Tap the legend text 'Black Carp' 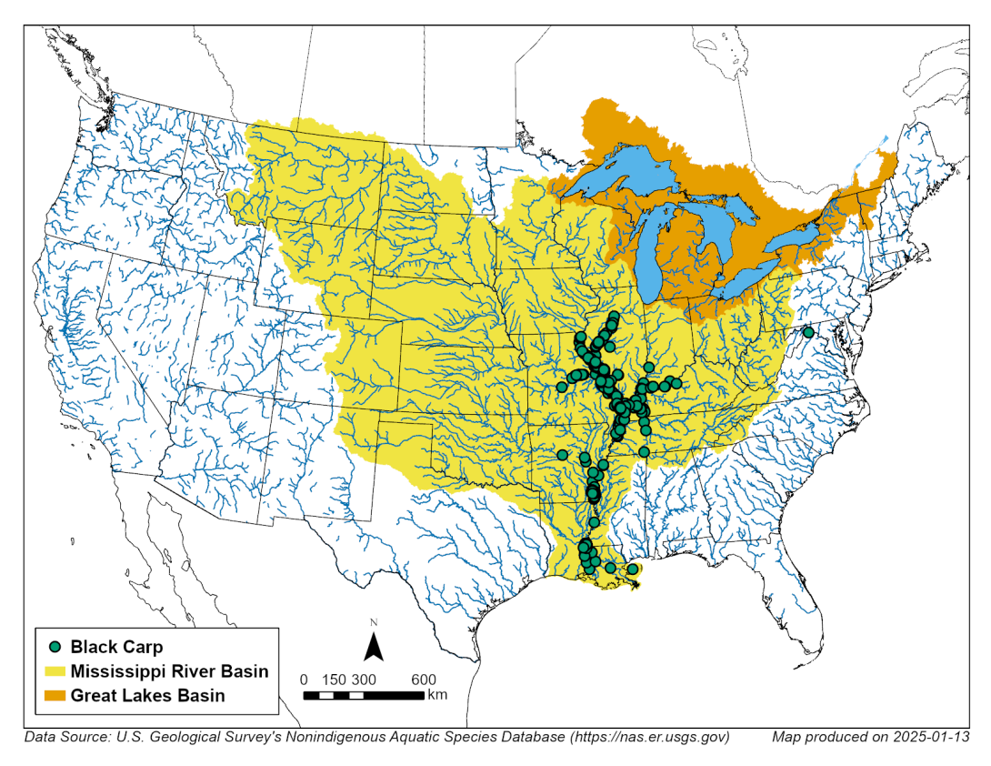pyautogui.click(x=117, y=648)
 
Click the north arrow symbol pyautogui.click(x=373, y=647)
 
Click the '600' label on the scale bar pyautogui.click(x=424, y=680)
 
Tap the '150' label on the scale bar pyautogui.click(x=334, y=680)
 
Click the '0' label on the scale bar pyautogui.click(x=304, y=680)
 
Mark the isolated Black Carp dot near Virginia pyautogui.click(x=807, y=333)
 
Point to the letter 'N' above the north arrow pyautogui.click(x=373, y=622)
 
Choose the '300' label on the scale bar pyautogui.click(x=364, y=680)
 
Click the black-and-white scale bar pyautogui.click(x=364, y=695)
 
